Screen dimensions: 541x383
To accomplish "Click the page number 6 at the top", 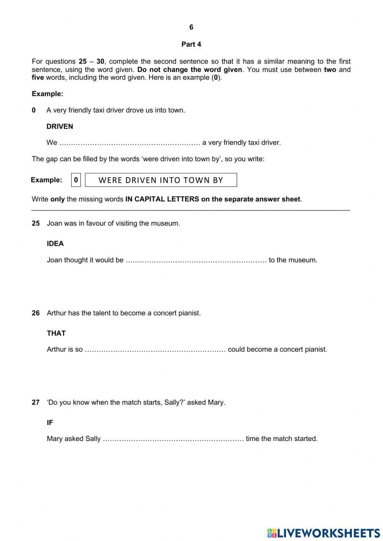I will (x=191, y=27).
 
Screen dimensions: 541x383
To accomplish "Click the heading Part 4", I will (x=191, y=44).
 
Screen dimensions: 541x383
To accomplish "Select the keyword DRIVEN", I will (x=60, y=126).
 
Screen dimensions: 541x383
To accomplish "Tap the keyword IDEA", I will (x=55, y=244).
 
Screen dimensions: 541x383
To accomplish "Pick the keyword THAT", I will (x=56, y=333).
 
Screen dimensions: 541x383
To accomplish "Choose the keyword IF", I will (x=50, y=423).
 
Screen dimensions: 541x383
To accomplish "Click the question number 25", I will (x=36, y=223).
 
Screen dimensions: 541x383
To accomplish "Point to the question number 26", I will (x=36, y=313).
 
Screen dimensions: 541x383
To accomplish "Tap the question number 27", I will (x=36, y=402).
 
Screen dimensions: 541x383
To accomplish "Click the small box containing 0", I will (x=76, y=180).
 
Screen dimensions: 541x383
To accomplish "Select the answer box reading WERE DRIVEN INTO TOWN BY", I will (x=161, y=180).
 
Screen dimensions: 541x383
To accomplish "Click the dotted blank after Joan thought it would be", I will (x=196, y=260).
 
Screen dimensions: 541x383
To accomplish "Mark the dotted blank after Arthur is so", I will (x=155, y=350).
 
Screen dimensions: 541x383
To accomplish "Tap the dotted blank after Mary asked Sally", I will (x=173, y=439).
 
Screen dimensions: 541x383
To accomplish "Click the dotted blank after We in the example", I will (x=130, y=143).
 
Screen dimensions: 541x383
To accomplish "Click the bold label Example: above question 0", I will (x=47, y=94).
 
